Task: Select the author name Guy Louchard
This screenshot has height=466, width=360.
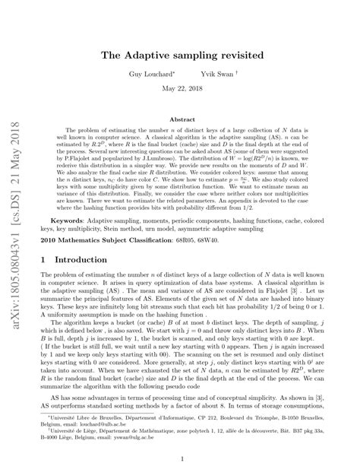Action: (x=153, y=75)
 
